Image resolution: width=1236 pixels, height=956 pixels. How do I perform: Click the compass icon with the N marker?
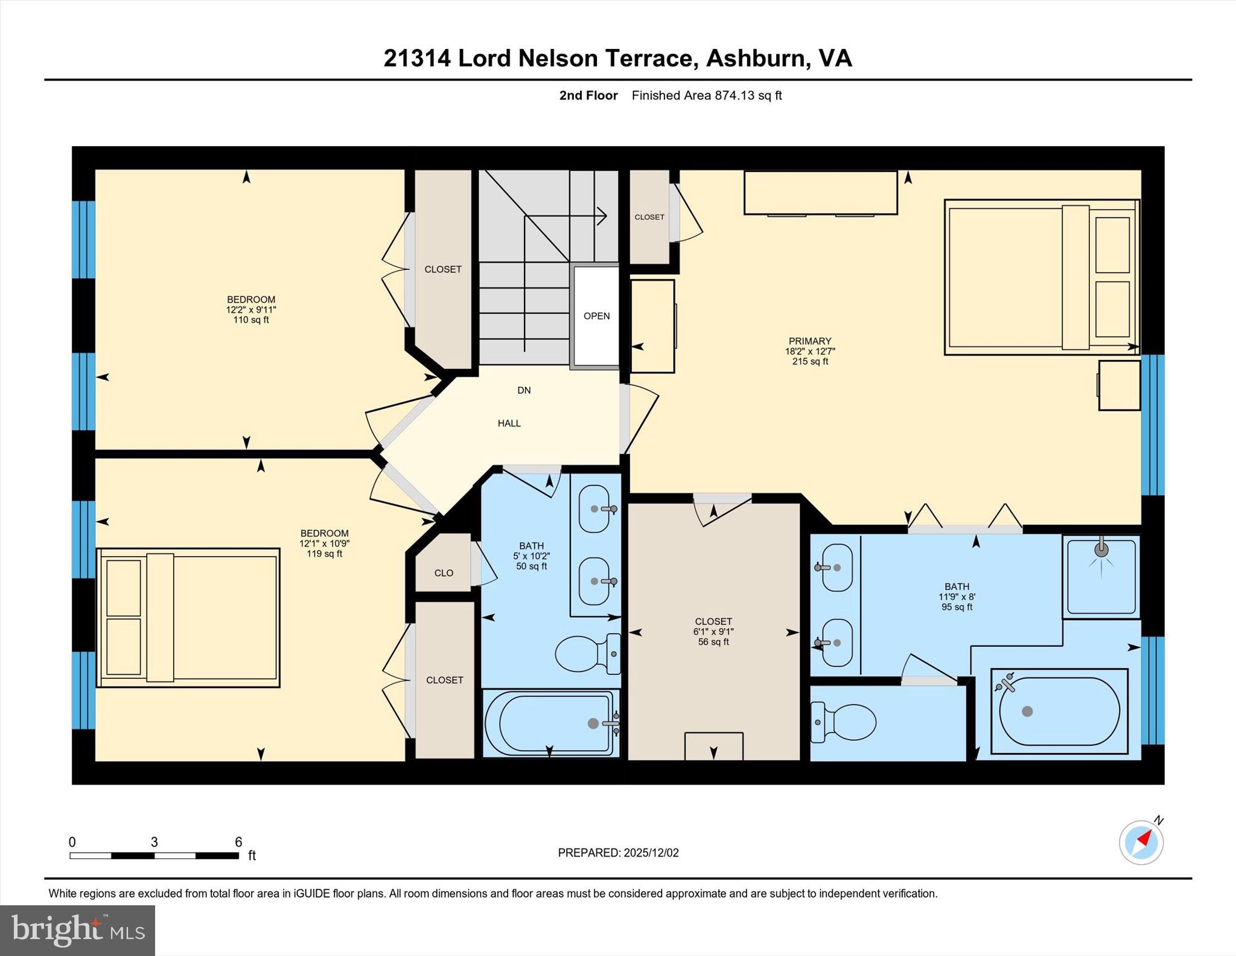point(1141,842)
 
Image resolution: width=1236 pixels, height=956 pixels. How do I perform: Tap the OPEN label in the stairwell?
point(596,316)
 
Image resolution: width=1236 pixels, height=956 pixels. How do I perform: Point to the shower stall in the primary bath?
point(1101,576)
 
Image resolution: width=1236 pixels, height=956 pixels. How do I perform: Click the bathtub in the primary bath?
point(1059,711)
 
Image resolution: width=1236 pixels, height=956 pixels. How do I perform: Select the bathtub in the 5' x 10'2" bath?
point(550,723)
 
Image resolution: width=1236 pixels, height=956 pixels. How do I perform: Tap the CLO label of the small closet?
point(444,573)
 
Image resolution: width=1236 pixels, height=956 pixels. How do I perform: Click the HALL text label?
point(509,423)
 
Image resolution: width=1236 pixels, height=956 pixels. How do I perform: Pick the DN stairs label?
point(524,390)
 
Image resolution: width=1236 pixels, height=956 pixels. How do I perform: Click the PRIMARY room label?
point(809,341)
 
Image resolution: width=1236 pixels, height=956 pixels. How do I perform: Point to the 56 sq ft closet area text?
point(713,642)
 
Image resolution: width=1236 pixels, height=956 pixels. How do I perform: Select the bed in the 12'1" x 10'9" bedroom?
point(188,618)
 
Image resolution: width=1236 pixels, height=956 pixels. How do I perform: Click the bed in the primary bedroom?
point(1041,277)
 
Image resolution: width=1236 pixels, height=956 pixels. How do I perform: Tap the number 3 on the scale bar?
point(154,842)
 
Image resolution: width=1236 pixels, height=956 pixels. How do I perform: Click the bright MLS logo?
point(77,930)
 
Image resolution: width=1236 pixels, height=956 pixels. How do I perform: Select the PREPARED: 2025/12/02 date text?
point(618,853)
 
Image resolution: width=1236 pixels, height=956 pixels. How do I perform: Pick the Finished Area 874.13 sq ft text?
point(706,95)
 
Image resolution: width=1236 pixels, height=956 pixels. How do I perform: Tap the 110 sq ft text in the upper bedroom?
point(251,320)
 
